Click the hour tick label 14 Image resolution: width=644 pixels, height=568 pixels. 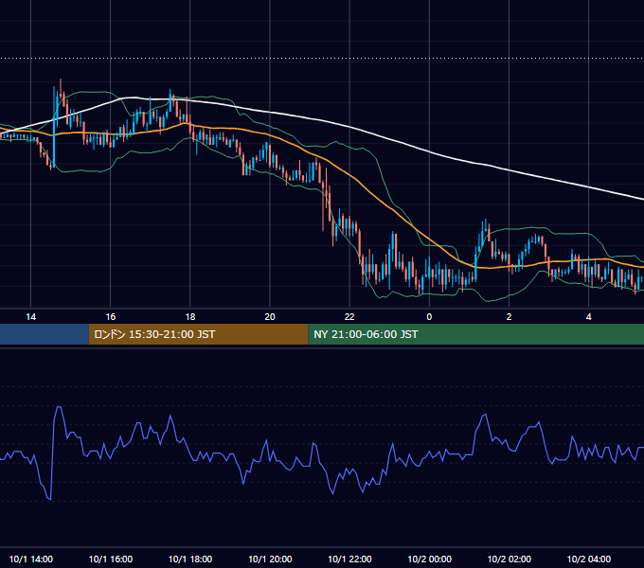(31, 317)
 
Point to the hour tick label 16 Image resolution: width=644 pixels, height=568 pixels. (111, 317)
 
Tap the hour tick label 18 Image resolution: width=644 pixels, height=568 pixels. (190, 317)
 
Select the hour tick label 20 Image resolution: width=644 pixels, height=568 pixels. (270, 317)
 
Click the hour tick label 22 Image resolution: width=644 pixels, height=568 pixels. (349, 317)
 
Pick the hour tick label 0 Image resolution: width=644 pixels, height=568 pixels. (429, 317)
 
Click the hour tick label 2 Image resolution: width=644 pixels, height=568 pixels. (509, 317)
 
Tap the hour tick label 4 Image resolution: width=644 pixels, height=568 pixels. (588, 317)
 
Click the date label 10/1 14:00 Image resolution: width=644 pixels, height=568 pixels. (31, 559)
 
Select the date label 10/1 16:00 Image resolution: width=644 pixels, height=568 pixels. (111, 559)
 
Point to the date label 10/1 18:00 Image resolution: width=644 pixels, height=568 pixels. (190, 559)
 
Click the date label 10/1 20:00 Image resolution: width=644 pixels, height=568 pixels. (270, 559)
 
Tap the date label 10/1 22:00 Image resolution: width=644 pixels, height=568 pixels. (349, 559)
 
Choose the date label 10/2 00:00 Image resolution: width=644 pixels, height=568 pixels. (429, 559)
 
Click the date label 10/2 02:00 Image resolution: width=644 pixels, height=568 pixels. (509, 559)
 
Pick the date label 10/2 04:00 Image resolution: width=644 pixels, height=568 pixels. (588, 559)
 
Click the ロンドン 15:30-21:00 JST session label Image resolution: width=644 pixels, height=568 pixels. (154, 334)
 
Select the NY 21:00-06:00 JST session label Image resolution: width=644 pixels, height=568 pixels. (366, 334)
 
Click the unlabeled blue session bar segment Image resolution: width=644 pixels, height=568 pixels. (45, 334)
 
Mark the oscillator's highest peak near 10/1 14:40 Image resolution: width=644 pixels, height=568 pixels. (59, 407)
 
